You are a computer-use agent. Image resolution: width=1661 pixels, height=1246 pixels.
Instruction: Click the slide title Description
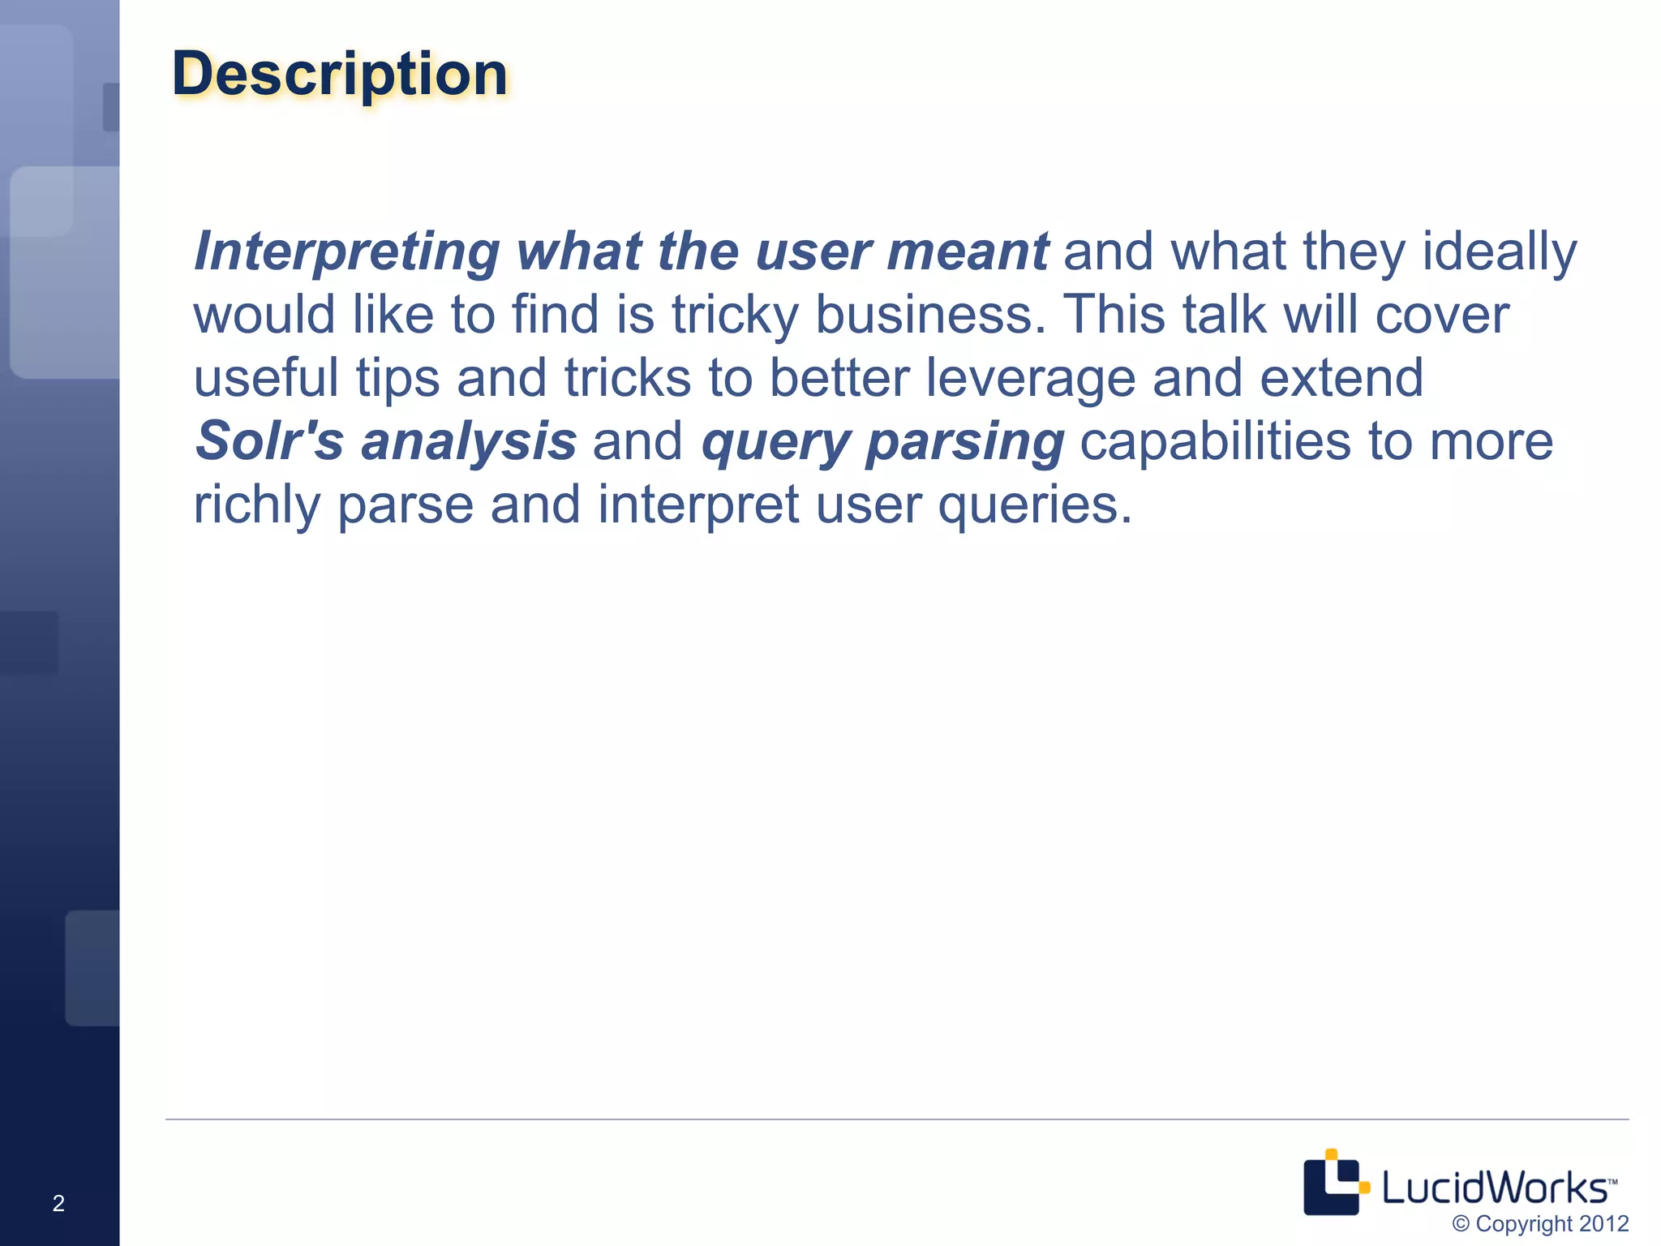[x=339, y=75]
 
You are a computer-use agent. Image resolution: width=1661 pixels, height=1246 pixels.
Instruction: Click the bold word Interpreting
[x=347, y=252]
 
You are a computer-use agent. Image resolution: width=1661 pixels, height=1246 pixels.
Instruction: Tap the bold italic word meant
[x=967, y=252]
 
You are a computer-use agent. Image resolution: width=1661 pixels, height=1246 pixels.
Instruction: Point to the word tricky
[x=735, y=316]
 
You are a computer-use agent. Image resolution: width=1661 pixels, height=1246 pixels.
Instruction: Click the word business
[x=929, y=316]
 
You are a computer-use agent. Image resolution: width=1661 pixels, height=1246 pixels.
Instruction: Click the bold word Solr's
[x=269, y=442]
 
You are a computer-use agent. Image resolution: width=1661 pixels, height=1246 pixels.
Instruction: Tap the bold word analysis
[x=469, y=442]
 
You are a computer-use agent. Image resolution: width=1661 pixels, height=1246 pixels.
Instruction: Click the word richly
[x=256, y=505]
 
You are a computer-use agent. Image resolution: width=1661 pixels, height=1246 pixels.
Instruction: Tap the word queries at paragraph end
[x=1033, y=505]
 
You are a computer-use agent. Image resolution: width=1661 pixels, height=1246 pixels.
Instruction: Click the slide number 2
[x=58, y=1203]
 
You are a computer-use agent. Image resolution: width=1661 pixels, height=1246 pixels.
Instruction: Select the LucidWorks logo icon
[x=1333, y=1183]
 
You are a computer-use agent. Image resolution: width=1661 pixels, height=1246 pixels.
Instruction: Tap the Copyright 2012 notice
[x=1539, y=1223]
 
